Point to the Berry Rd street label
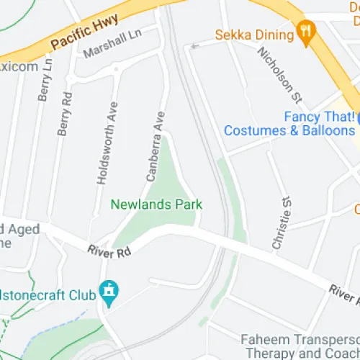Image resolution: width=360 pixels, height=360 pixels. (x=66, y=113)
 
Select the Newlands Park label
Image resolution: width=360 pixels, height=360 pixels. (x=156, y=204)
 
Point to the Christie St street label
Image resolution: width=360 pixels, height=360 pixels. (x=282, y=222)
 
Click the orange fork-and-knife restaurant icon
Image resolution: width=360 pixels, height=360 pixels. (x=306, y=34)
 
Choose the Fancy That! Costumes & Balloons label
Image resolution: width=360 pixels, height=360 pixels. (x=289, y=123)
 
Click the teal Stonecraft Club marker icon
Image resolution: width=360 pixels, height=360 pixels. (x=109, y=292)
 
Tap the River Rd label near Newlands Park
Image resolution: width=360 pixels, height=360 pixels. (x=109, y=252)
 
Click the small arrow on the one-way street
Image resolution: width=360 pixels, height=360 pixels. (x=192, y=47)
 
